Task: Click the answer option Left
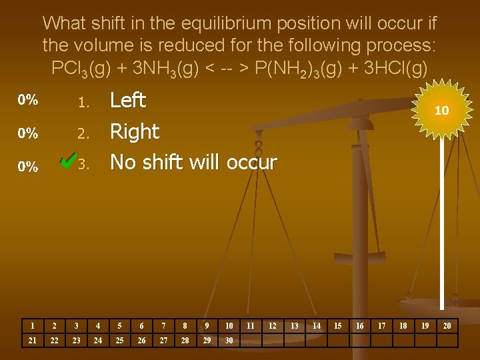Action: pyautogui.click(x=127, y=101)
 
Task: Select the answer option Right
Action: pyautogui.click(x=135, y=132)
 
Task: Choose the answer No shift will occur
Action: pyautogui.click(x=193, y=162)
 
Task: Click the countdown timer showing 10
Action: pyautogui.click(x=441, y=111)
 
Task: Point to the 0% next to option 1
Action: pyautogui.click(x=28, y=101)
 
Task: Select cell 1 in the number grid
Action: pyautogui.click(x=32, y=326)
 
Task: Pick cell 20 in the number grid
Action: pyautogui.click(x=447, y=326)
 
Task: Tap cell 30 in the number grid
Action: pyautogui.click(x=229, y=341)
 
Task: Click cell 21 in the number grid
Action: pyautogui.click(x=32, y=341)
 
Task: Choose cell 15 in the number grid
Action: pyautogui.click(x=338, y=326)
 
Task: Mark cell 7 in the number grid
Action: pyautogui.click(x=163, y=326)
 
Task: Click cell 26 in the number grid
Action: pyautogui.click(x=141, y=341)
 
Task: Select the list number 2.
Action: pyautogui.click(x=83, y=133)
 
